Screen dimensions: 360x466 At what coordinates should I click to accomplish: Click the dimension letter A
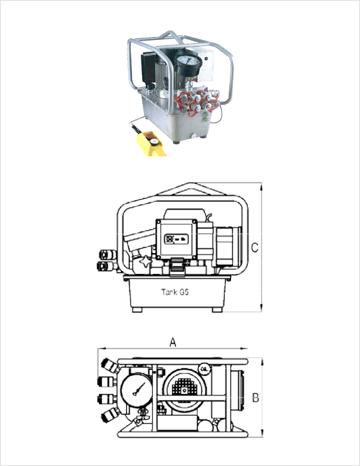(x=173, y=342)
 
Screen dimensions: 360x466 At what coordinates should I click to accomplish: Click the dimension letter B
(x=255, y=397)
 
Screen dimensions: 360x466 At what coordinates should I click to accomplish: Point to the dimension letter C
(x=255, y=248)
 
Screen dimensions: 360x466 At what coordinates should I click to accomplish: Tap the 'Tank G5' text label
(x=175, y=292)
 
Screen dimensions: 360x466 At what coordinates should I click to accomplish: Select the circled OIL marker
(x=204, y=369)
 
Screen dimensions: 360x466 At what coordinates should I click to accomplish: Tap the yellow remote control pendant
(x=150, y=143)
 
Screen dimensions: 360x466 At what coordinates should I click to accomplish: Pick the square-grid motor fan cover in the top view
(x=185, y=389)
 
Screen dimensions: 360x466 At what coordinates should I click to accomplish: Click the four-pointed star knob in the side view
(x=146, y=263)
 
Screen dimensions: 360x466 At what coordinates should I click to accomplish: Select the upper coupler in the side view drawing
(x=108, y=255)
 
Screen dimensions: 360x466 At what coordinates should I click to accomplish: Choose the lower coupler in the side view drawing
(x=106, y=266)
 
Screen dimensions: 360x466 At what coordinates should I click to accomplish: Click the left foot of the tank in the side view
(x=137, y=310)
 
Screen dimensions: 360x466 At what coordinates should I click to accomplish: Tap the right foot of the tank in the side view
(x=217, y=310)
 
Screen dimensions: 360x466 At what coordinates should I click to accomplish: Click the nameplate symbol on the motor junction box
(x=177, y=239)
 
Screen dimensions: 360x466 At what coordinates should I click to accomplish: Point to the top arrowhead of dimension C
(x=261, y=187)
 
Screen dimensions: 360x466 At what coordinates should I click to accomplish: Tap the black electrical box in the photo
(x=148, y=66)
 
